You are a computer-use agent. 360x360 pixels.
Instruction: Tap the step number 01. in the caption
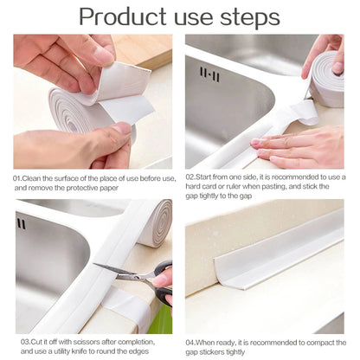click(x=19, y=177)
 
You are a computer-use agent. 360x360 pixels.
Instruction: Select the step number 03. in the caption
click(x=19, y=342)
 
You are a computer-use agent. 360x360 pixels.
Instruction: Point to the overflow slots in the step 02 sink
click(x=209, y=75)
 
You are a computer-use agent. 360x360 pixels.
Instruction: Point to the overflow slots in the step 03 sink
click(x=21, y=224)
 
